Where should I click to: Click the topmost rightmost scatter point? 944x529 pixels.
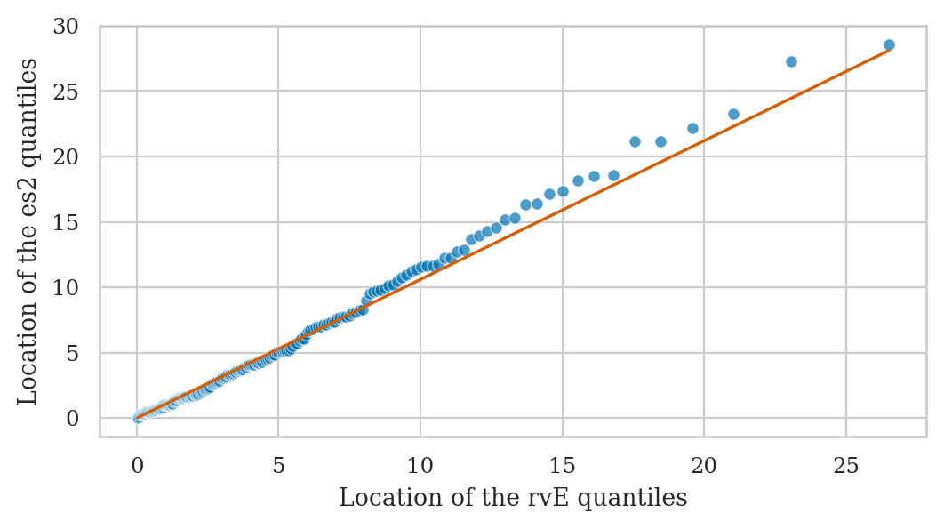pyautogui.click(x=889, y=44)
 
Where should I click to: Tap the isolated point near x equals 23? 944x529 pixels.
pyautogui.click(x=791, y=61)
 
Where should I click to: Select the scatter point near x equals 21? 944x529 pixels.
pyautogui.click(x=733, y=114)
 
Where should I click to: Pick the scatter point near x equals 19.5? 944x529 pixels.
pyautogui.click(x=692, y=128)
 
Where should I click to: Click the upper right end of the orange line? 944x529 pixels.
pyautogui.click(x=889, y=51)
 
